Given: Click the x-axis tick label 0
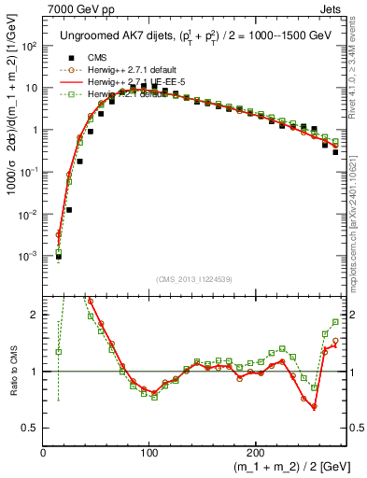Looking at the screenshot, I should [x=44, y=453].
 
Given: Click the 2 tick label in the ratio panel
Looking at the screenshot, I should [x=35, y=315].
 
